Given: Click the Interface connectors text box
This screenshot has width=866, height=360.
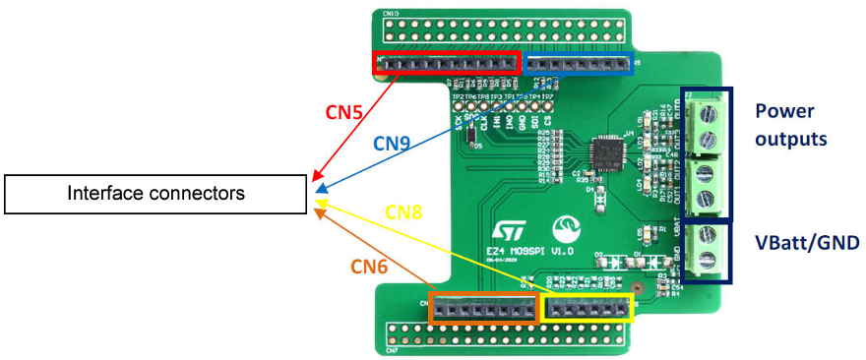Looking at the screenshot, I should (155, 194).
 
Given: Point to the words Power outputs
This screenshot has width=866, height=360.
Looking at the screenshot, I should (791, 124).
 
